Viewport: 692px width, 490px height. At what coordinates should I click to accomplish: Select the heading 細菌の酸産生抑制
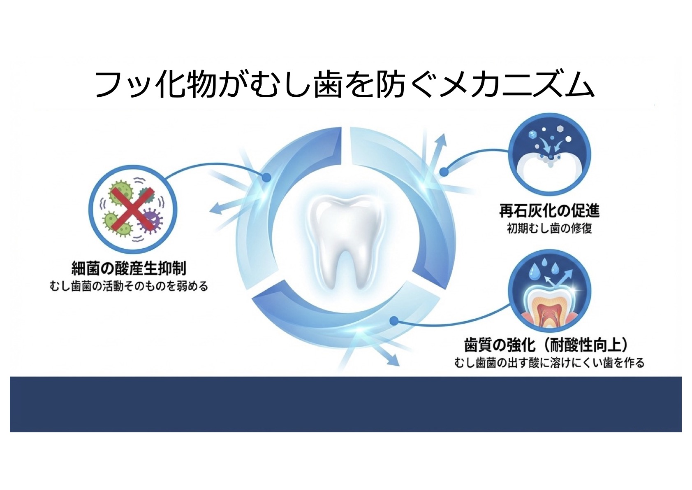[129, 268]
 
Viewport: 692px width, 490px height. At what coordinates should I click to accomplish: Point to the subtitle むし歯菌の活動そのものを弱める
[129, 286]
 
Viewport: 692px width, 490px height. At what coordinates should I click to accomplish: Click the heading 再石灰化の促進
[549, 211]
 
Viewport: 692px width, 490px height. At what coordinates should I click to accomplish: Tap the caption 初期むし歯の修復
[549, 228]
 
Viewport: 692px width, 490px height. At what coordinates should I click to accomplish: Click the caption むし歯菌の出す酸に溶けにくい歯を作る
[549, 363]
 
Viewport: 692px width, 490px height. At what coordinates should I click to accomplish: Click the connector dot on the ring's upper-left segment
[266, 177]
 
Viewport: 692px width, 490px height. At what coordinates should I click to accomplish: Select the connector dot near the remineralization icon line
[444, 172]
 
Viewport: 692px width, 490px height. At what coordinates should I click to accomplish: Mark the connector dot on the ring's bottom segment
[393, 320]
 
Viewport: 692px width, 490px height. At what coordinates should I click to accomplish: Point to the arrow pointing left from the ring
[222, 208]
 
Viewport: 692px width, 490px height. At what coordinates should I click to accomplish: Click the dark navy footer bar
[345, 404]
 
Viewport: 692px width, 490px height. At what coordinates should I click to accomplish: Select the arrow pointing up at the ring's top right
[442, 144]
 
